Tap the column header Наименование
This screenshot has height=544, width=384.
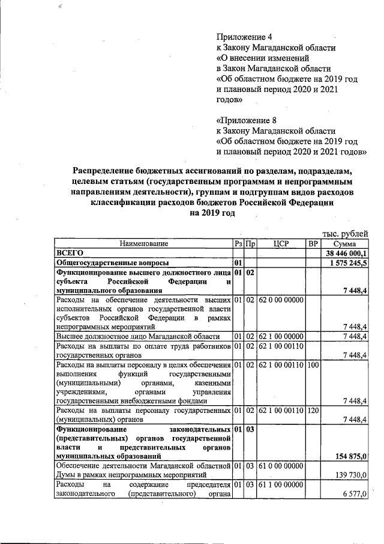pyautogui.click(x=143, y=244)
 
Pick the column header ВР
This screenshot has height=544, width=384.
pyautogui.click(x=313, y=244)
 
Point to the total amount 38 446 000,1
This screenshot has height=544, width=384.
pyautogui.click(x=346, y=254)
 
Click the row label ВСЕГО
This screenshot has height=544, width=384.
pyautogui.click(x=68, y=254)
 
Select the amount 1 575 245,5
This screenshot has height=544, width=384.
pyautogui.click(x=347, y=263)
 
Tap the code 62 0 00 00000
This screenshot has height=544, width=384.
pyautogui.click(x=281, y=299)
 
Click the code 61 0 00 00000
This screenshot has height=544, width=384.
pyautogui.click(x=281, y=466)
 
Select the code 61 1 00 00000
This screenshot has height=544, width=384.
pyautogui.click(x=281, y=484)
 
